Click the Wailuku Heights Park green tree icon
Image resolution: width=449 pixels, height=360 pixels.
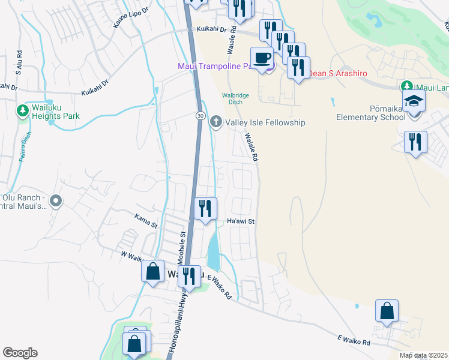click(x=22, y=110)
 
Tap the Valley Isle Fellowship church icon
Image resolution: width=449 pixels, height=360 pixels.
click(x=216, y=122)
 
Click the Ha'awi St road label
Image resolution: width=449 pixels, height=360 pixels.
click(x=241, y=221)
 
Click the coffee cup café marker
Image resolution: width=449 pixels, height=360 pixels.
click(x=261, y=59)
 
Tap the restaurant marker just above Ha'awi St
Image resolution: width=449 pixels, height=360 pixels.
click(x=205, y=209)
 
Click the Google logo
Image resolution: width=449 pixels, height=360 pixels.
click(x=20, y=353)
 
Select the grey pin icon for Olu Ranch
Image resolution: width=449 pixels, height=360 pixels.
click(x=55, y=202)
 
